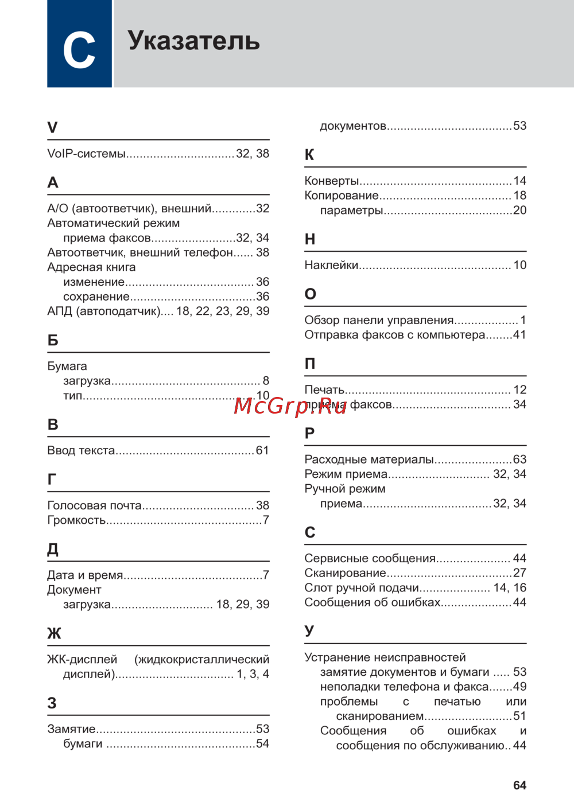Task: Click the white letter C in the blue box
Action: pyautogui.click(x=79, y=50)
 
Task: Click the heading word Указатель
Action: pyautogui.click(x=193, y=41)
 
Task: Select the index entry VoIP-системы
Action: pyautogui.click(x=86, y=154)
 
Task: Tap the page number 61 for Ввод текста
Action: pyautogui.click(x=262, y=451)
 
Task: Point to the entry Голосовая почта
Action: pyautogui.click(x=94, y=505)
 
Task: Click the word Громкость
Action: pyautogui.click(x=76, y=520)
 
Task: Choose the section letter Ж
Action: pyautogui.click(x=54, y=633)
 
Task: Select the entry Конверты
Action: pyautogui.click(x=331, y=181)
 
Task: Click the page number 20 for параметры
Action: pyautogui.click(x=519, y=211)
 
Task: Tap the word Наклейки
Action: pyautogui.click(x=331, y=266)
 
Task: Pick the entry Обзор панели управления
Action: pyautogui.click(x=379, y=320)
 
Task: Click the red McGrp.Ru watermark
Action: pyautogui.click(x=290, y=406)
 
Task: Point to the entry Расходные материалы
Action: pyautogui.click(x=369, y=459)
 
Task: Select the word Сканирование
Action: pyautogui.click(x=345, y=573)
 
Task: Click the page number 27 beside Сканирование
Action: pyautogui.click(x=519, y=573)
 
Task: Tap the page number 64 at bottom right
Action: pyautogui.click(x=519, y=785)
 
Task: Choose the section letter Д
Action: pyautogui.click(x=53, y=550)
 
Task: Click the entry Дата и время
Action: pyautogui.click(x=85, y=575)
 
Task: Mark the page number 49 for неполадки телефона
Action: pyautogui.click(x=519, y=687)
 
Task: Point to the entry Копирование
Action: pyautogui.click(x=341, y=196)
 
